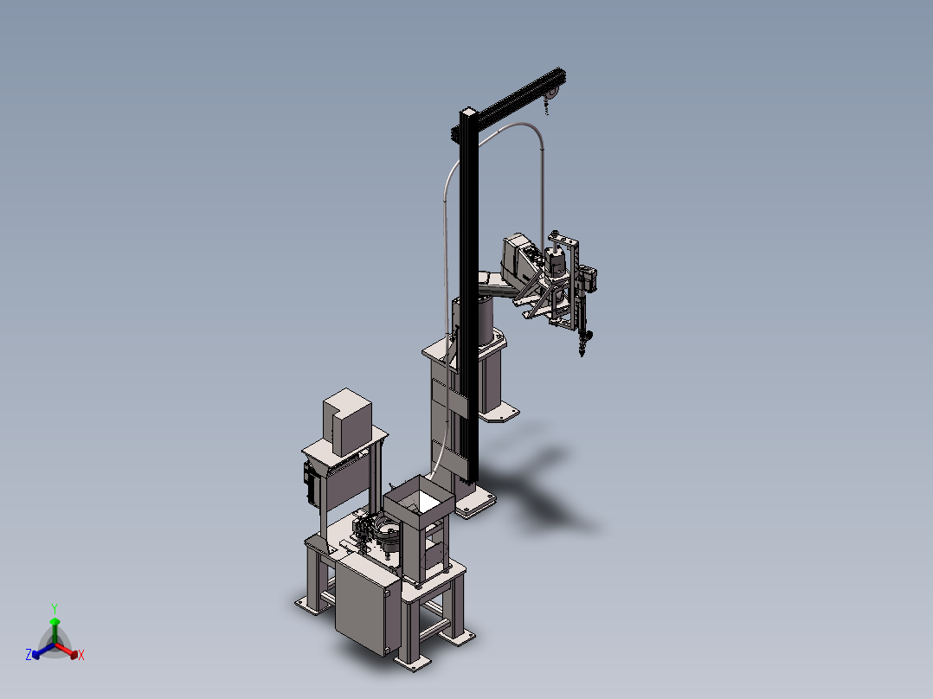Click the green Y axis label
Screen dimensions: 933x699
coord(55,608)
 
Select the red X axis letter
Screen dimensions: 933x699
coord(81,655)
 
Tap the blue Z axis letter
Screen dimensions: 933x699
coord(29,654)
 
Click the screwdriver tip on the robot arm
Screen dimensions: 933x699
coord(582,352)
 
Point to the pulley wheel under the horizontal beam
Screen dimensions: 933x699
coord(553,93)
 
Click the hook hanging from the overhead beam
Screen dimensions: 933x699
coord(546,107)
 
